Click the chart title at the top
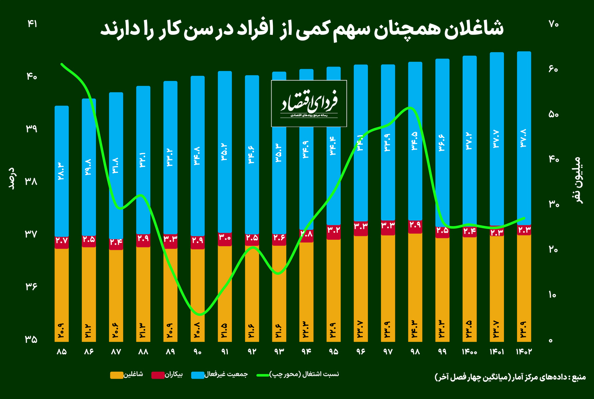[302, 30]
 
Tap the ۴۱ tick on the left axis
[32, 24]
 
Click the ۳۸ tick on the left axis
[32, 181]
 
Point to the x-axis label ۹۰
[198, 352]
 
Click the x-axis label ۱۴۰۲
[523, 352]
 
